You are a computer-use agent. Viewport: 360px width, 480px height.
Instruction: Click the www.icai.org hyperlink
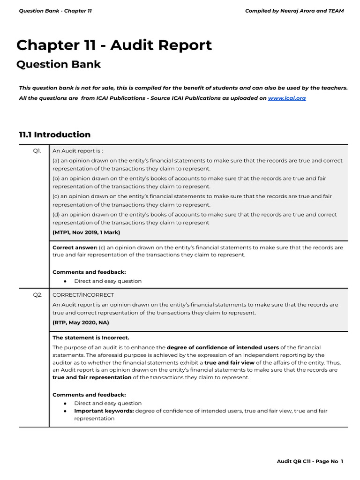(x=286, y=98)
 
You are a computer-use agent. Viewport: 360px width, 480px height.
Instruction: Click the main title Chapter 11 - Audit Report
(x=114, y=45)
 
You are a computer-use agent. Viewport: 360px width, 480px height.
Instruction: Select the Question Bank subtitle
(x=59, y=64)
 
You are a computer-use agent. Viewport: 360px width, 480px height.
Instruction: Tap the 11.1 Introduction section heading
(x=54, y=135)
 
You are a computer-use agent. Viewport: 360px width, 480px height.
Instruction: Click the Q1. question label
(x=37, y=151)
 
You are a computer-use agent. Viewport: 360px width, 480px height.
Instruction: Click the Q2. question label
(x=37, y=295)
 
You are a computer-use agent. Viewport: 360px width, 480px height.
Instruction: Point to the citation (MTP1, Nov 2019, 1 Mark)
(x=86, y=232)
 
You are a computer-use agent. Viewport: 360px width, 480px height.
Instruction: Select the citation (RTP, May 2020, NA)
(x=81, y=322)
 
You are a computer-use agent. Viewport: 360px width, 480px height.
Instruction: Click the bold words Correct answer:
(x=75, y=247)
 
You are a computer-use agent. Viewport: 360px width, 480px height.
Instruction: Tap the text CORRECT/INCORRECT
(x=83, y=295)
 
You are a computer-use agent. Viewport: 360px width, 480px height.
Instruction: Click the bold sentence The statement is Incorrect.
(x=91, y=337)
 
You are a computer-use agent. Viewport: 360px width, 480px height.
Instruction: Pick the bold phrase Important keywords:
(x=104, y=411)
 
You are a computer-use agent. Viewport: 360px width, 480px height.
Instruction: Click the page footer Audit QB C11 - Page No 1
(x=310, y=462)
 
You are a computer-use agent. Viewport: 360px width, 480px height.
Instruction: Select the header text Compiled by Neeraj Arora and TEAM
(x=294, y=11)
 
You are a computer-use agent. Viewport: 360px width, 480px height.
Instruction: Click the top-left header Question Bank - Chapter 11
(x=55, y=11)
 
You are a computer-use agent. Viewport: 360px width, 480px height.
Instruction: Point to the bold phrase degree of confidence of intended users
(x=223, y=347)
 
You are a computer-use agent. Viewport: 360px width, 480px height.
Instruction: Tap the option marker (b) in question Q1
(x=56, y=179)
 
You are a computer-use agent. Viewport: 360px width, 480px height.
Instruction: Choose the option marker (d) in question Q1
(x=56, y=215)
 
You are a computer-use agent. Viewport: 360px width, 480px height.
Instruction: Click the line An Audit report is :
(x=78, y=151)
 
